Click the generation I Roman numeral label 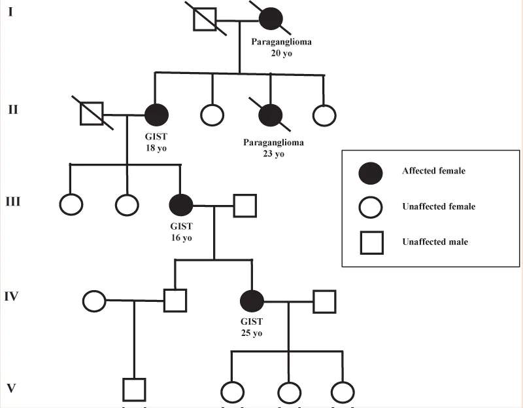tap(10, 12)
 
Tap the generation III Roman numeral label tap(13, 202)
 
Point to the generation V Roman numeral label tap(11, 388)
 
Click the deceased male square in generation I tap(205, 20)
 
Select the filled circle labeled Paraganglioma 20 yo tap(271, 19)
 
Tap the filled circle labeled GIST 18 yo tap(157, 115)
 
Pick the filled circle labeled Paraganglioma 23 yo tap(271, 115)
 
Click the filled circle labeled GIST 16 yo tap(181, 205)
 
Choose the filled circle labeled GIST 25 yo tap(252, 301)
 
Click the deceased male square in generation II tap(92, 113)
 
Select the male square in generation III tap(245, 206)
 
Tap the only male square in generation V tap(134, 390)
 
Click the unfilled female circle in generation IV tap(94, 301)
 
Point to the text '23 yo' tap(273, 154)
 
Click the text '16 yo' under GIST tap(182, 238)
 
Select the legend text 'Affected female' tap(433, 171)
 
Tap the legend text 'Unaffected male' tap(435, 242)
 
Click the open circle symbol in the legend tap(371, 207)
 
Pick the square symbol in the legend tap(372, 242)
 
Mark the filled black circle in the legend tap(371, 174)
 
